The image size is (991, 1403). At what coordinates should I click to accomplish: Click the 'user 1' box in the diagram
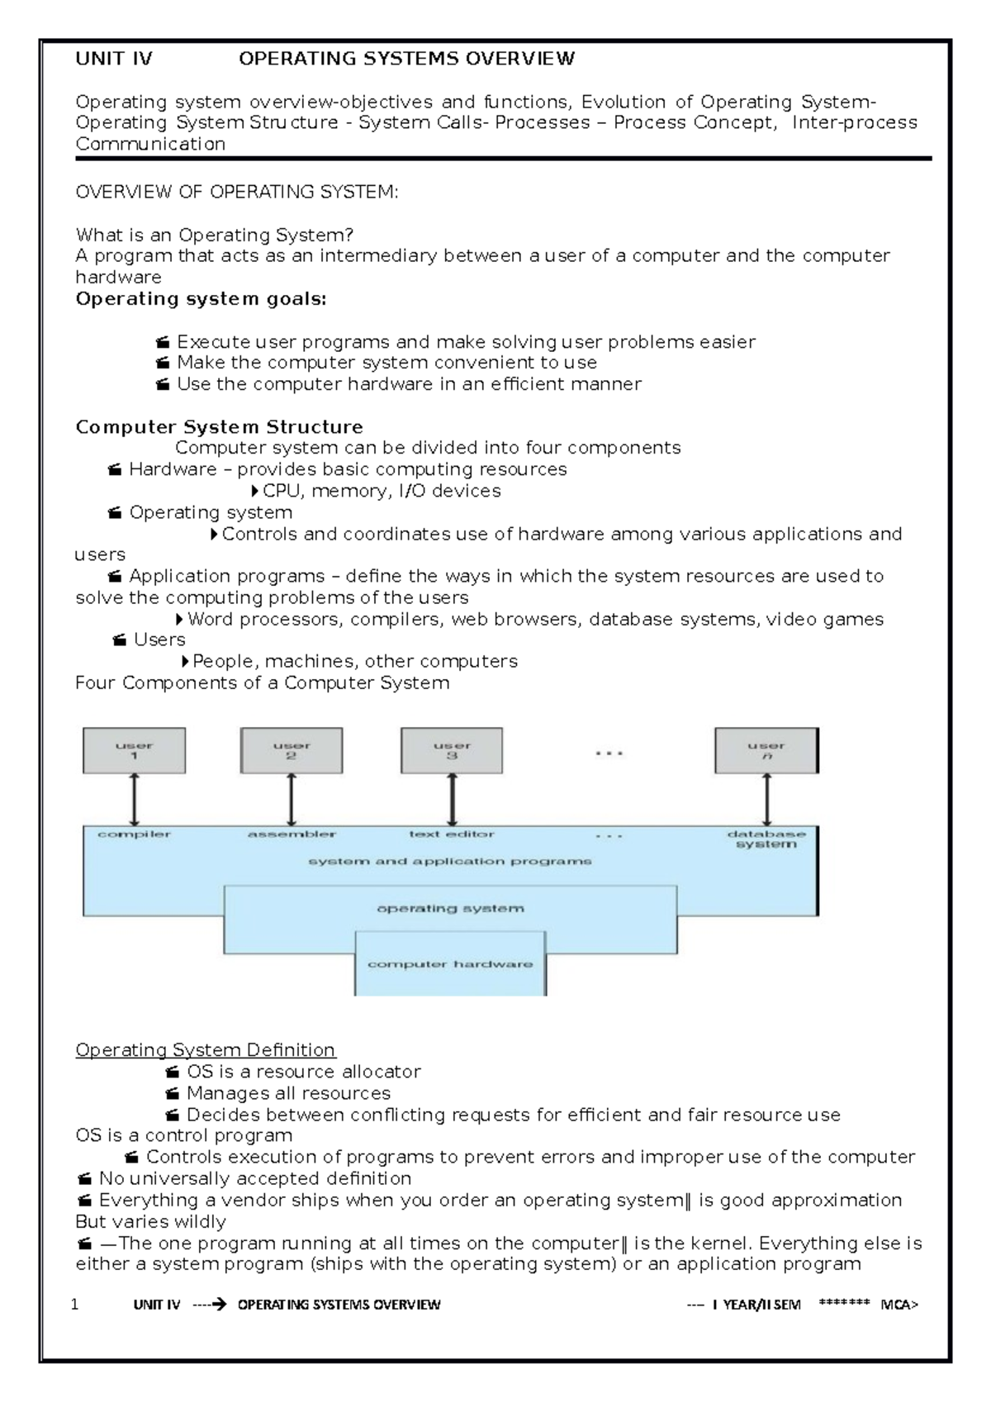tap(134, 750)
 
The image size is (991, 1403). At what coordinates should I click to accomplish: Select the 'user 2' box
tap(291, 750)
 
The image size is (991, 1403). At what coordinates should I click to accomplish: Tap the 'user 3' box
tap(452, 750)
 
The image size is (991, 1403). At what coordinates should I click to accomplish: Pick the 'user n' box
tap(766, 750)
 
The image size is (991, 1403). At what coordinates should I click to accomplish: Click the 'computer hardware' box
tap(450, 964)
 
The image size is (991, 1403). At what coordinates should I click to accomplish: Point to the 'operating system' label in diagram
tap(450, 908)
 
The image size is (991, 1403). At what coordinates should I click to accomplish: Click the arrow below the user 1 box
tap(134, 799)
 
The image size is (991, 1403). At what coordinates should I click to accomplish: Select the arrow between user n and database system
tap(767, 799)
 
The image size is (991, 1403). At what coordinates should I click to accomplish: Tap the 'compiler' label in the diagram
tap(134, 835)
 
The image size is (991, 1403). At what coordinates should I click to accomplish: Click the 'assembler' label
tap(292, 835)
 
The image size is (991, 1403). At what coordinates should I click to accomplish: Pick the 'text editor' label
tap(452, 835)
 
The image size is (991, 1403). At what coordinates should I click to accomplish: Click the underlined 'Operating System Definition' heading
tap(205, 1050)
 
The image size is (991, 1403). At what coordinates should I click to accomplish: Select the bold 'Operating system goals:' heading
tap(201, 299)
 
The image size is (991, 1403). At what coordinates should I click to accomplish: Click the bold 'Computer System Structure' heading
tap(219, 427)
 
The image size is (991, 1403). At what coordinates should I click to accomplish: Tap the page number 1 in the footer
tap(75, 1305)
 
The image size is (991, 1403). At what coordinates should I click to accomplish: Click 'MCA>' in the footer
tap(899, 1305)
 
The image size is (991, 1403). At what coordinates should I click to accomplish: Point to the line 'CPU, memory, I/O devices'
tap(381, 491)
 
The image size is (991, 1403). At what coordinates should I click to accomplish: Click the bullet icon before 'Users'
tap(120, 640)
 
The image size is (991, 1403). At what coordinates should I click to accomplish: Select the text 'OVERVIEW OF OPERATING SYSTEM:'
tap(236, 193)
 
